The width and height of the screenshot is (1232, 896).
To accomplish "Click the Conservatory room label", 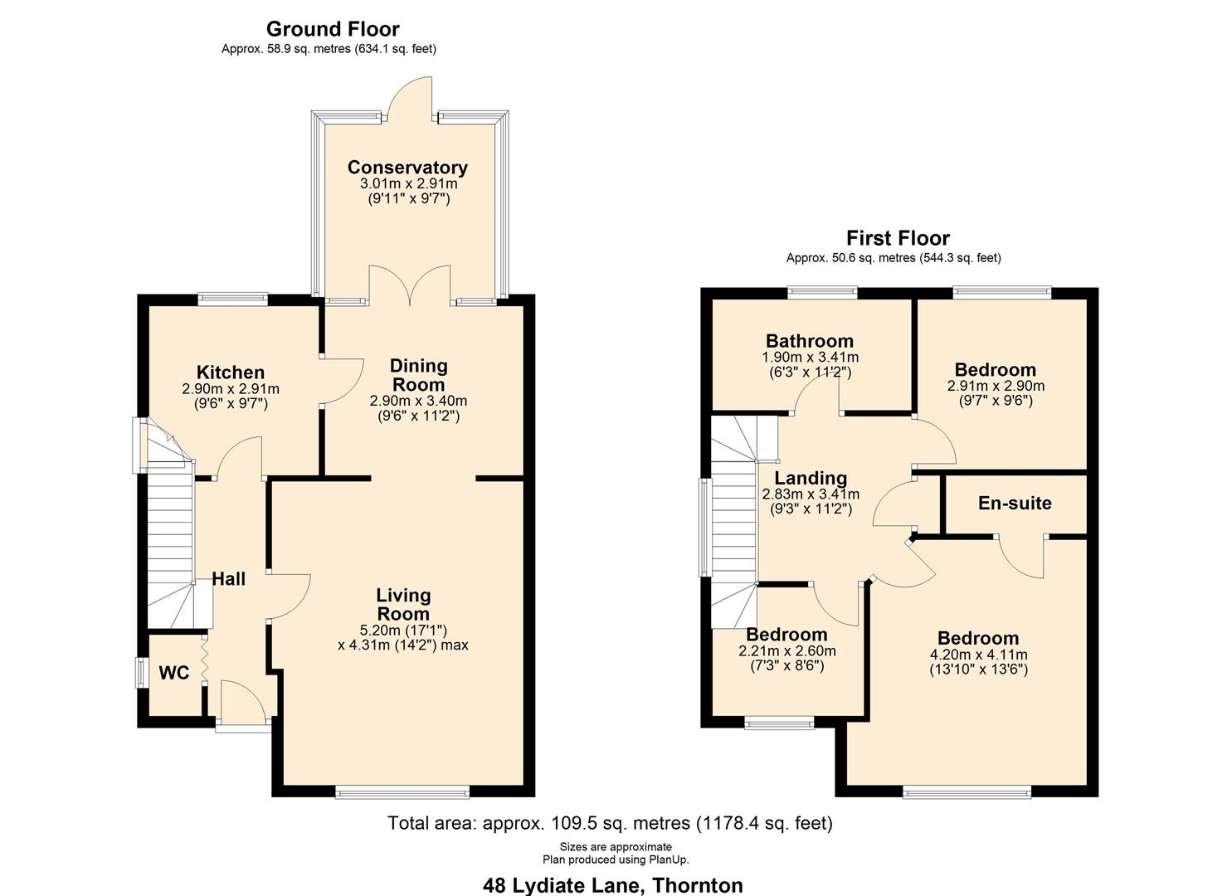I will pos(407,168).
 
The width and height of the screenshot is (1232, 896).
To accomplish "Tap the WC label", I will pos(174,673).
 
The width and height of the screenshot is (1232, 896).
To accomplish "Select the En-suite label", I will pos(1015,504).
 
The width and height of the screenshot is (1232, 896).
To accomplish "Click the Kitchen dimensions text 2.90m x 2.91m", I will pos(231,389).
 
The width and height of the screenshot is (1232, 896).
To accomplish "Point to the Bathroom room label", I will pos(809,341).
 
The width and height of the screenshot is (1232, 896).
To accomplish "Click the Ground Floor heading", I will pos(333,30).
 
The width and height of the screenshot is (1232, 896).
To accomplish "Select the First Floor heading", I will pos(898,239).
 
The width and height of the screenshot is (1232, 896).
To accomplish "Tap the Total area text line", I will pos(610,823).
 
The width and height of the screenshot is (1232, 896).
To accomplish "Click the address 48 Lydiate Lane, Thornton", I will pos(612,885).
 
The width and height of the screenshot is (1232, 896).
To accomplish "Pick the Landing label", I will pos(811,478).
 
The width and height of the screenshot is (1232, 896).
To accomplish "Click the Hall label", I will pos(228,579).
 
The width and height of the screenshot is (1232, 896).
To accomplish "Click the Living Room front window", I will pos(402,792).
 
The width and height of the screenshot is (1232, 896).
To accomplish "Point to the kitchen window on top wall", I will pos(232,299).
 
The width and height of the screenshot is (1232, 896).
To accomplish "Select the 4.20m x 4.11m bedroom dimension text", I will pos(978,655).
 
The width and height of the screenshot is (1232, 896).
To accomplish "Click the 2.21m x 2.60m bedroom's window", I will pos(779,723).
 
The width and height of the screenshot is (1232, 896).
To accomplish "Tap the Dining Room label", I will pos(418,375).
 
